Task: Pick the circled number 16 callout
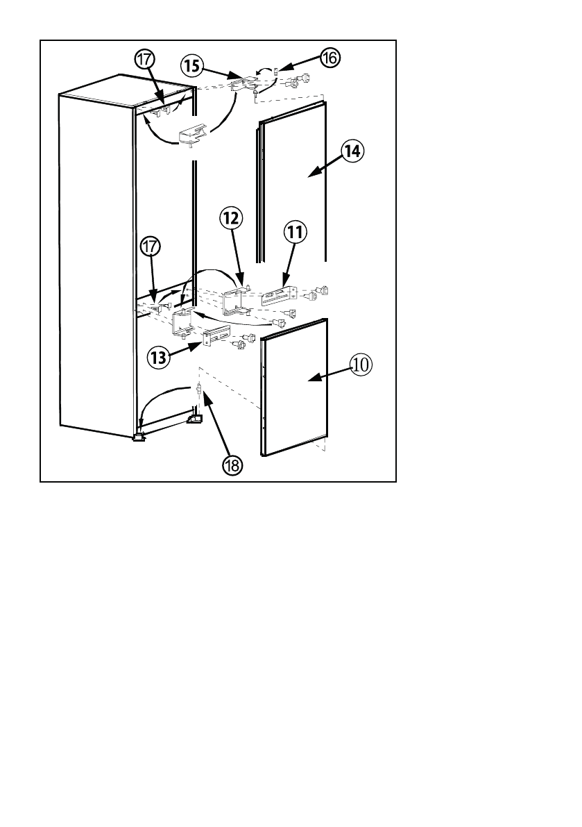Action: pos(329,58)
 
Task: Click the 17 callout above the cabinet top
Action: pos(145,60)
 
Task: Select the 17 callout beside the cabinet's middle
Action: pos(151,247)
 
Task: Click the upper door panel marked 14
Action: pos(295,187)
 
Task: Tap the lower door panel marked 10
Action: pos(295,389)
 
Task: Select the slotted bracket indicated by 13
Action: pos(216,338)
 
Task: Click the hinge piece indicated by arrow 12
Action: pos(235,302)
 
